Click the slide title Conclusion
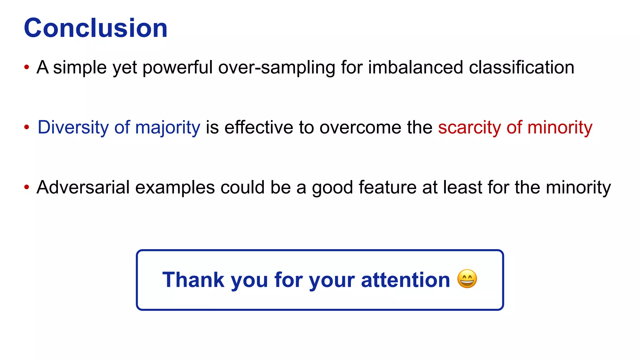pyautogui.click(x=96, y=28)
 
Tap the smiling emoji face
pyautogui.click(x=467, y=279)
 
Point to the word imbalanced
pyautogui.click(x=415, y=67)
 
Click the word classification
pyautogui.click(x=522, y=67)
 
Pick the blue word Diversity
pyautogui.click(x=73, y=127)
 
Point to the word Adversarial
pyautogui.click(x=83, y=187)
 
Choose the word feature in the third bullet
pyautogui.click(x=387, y=187)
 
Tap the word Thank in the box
pyautogui.click(x=193, y=280)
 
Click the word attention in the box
pyautogui.click(x=405, y=280)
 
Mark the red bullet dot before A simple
pyautogui.click(x=27, y=67)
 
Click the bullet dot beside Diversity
pyautogui.click(x=27, y=127)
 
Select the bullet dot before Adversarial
pyautogui.click(x=27, y=187)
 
